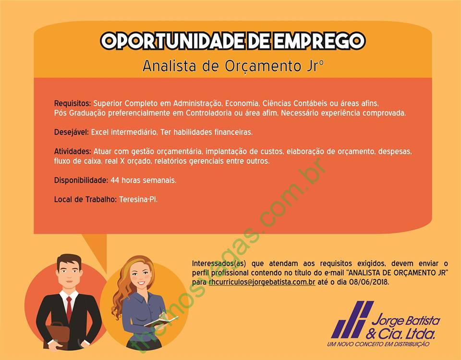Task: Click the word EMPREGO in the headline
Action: (319, 40)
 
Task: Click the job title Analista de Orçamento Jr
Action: (233, 66)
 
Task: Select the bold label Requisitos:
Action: (73, 104)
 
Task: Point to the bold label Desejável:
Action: (72, 132)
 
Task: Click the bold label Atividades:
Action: (73, 151)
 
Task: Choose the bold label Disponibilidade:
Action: (81, 180)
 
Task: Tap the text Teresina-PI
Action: (138, 200)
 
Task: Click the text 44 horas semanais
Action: (144, 180)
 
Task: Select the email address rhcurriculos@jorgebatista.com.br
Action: (262, 282)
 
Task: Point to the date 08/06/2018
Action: (369, 282)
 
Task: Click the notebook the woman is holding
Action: (161, 321)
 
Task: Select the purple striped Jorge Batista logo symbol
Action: (352, 319)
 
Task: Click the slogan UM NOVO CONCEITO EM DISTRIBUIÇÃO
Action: (378, 344)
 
